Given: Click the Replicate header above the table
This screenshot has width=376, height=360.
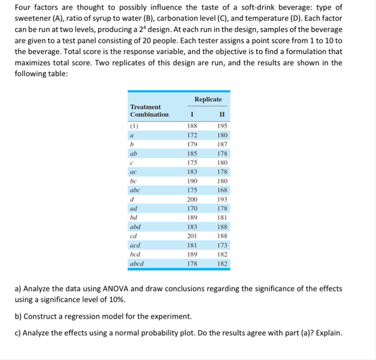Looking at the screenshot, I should pos(208,99).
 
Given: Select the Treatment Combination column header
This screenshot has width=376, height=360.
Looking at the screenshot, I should pos(149,111).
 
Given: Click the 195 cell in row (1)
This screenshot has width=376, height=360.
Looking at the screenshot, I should pos(221,127).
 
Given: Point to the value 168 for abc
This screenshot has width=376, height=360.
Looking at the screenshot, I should pos(221,190).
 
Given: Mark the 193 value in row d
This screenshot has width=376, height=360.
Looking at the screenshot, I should pos(221,199).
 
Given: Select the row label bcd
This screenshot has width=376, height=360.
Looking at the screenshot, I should pos(135,254).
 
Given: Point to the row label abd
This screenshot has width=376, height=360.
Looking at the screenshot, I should pos(135,226).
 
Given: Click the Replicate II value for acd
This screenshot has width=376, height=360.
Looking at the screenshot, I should pos(221,245).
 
